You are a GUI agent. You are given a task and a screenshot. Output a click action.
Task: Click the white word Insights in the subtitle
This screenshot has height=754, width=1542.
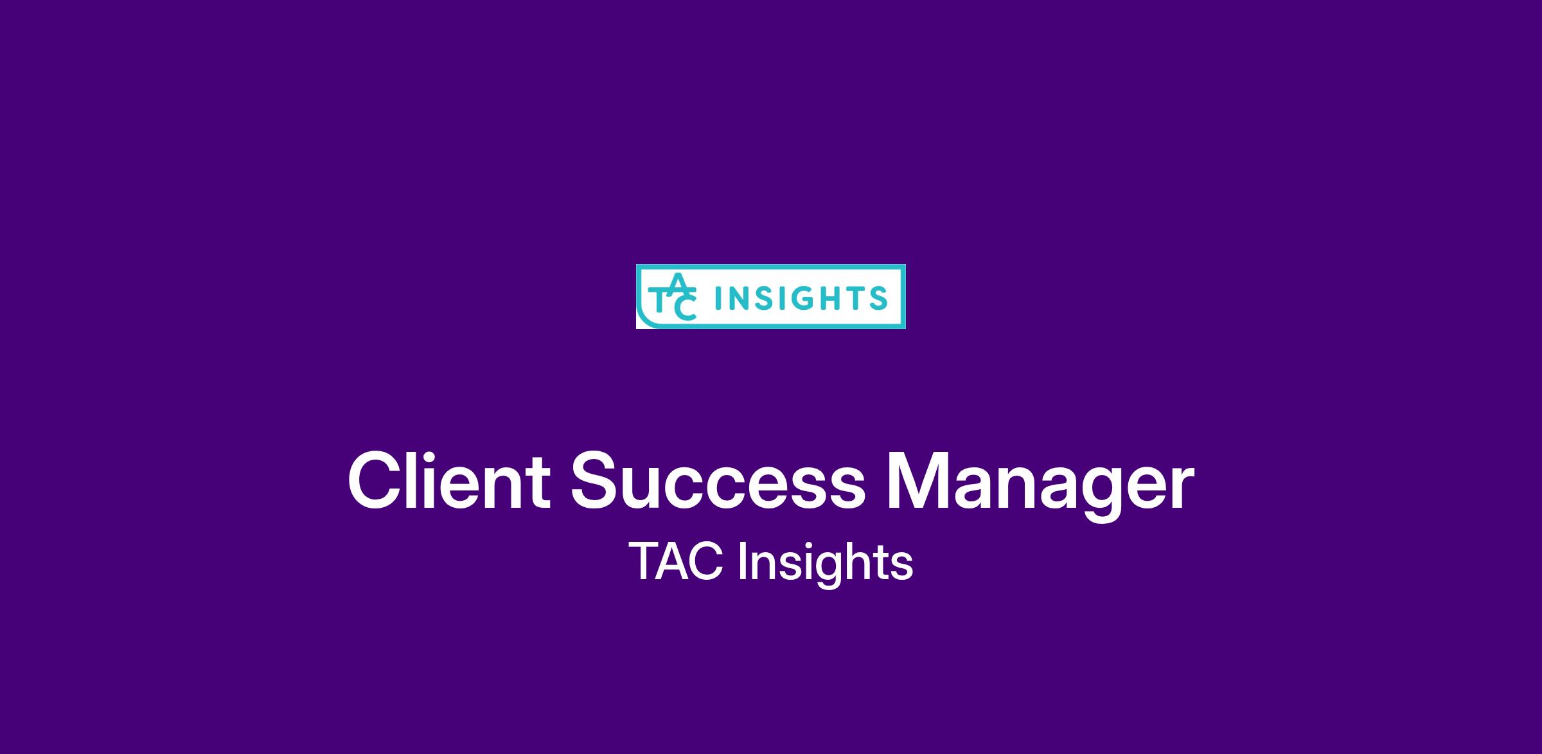(x=826, y=564)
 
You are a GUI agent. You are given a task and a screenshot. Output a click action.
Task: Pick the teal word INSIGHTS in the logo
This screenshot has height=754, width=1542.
(x=801, y=298)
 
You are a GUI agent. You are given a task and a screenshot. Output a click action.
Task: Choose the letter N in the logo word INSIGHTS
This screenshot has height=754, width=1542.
(x=740, y=298)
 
